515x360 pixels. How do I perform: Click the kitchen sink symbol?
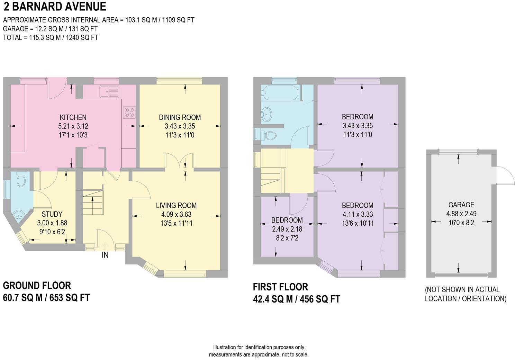tap(109, 92)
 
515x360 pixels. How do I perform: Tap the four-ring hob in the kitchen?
tap(130, 112)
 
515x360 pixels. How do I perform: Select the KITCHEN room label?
tap(73, 117)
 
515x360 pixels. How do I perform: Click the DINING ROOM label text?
tap(180, 117)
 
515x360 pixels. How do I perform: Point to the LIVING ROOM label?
tap(176, 205)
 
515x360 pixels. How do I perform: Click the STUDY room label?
tap(52, 214)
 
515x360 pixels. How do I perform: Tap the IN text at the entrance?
tap(105, 255)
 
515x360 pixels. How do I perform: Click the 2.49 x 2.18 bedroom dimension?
tap(287, 229)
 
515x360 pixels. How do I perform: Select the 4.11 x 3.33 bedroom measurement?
tap(358, 214)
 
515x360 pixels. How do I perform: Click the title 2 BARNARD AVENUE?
tap(55, 7)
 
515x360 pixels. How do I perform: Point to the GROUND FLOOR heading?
tap(37, 286)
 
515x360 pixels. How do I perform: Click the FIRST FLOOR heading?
tap(280, 287)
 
